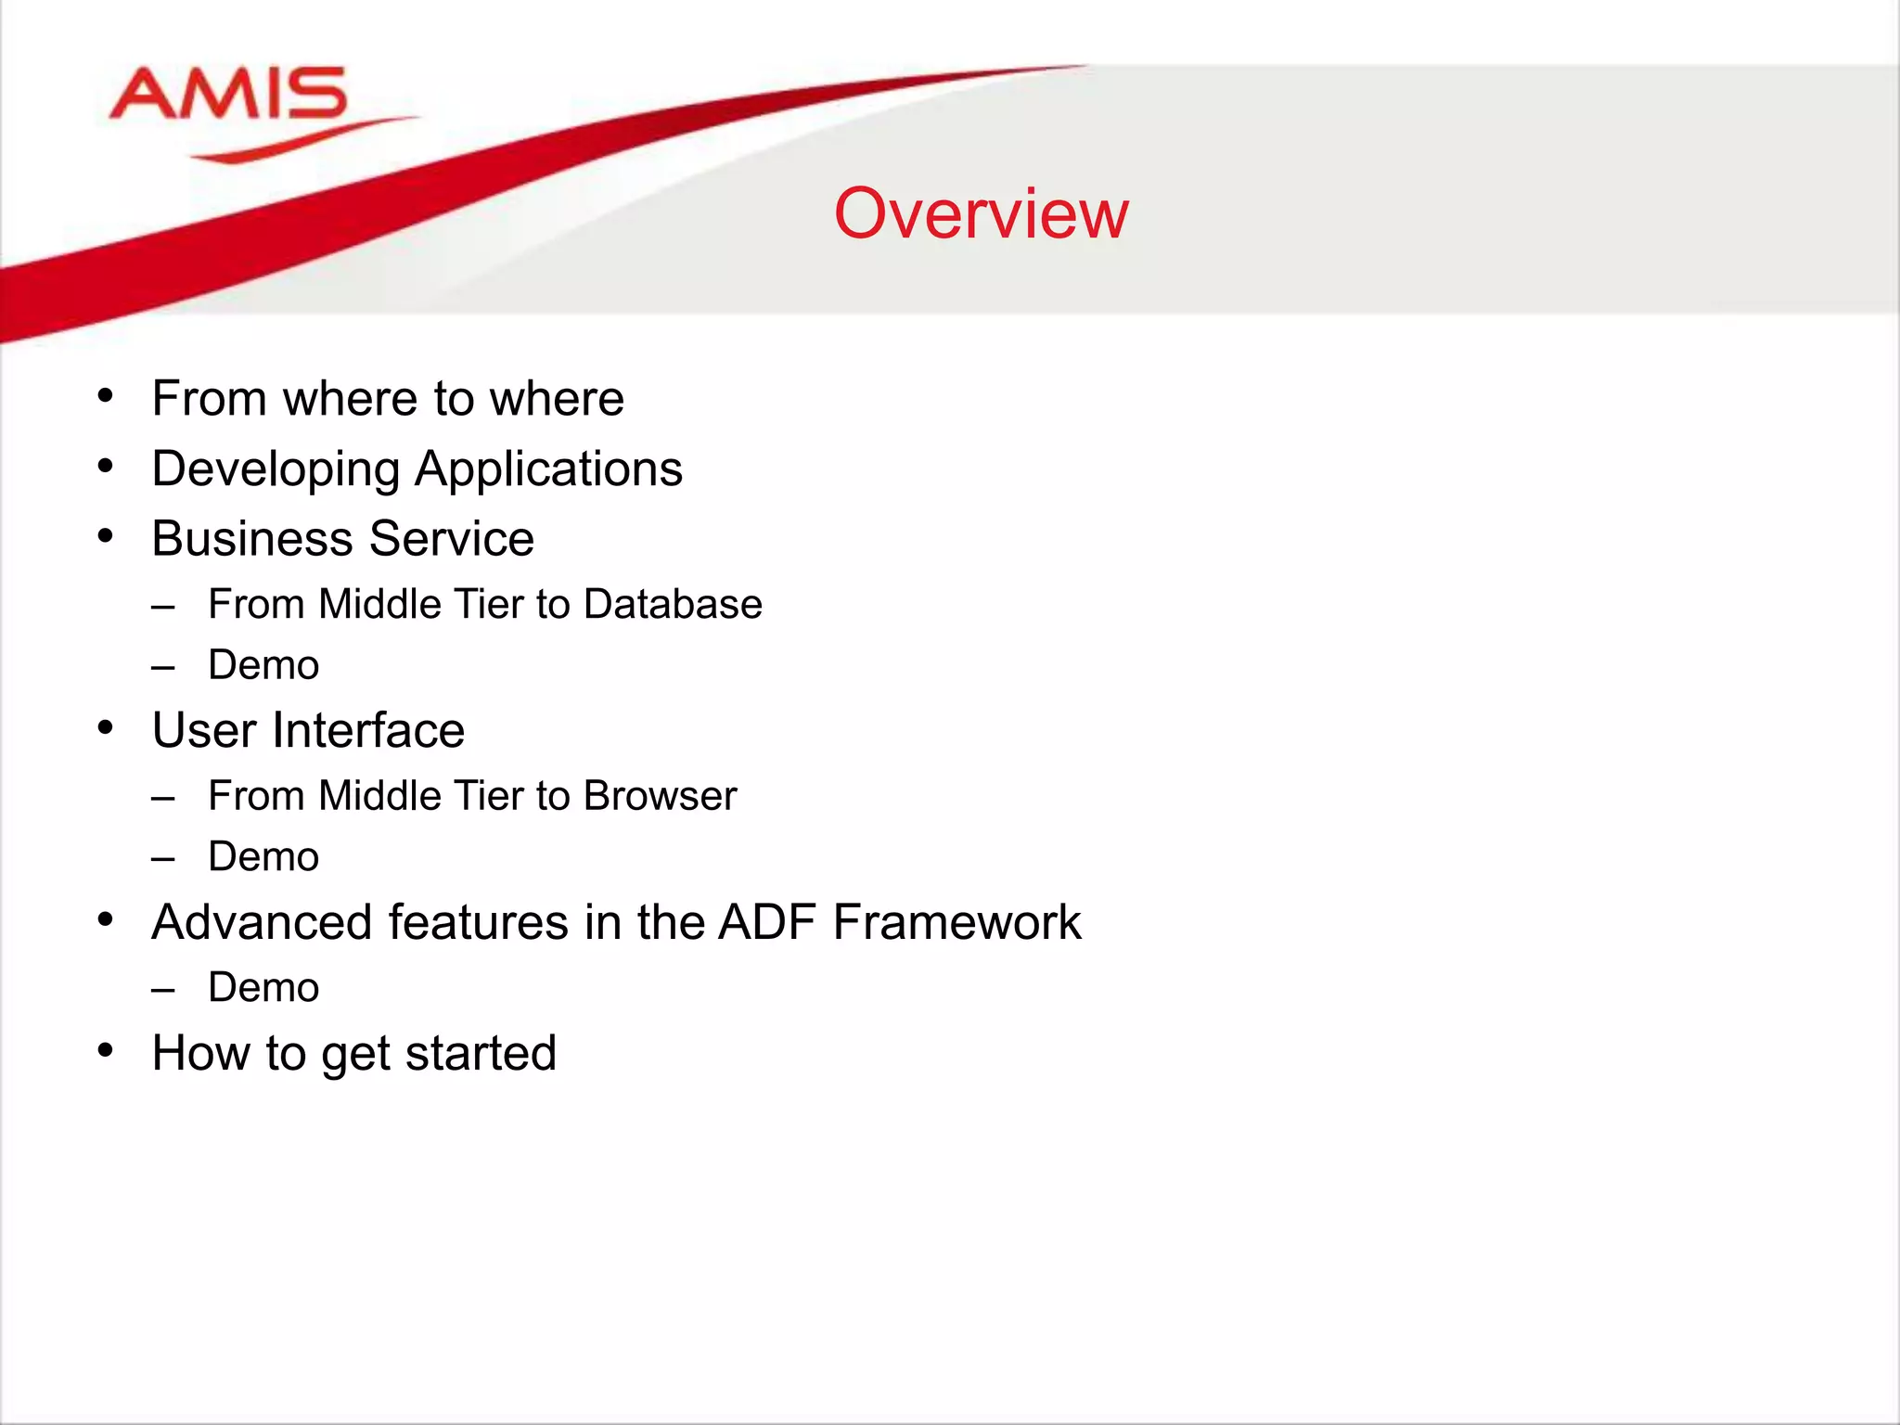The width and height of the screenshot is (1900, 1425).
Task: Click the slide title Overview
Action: pyautogui.click(x=981, y=213)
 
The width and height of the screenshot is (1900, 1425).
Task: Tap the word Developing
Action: pyautogui.click(x=276, y=469)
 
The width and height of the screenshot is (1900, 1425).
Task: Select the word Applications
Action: pyautogui.click(x=548, y=469)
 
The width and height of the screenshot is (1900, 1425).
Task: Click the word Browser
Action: pyautogui.click(x=660, y=796)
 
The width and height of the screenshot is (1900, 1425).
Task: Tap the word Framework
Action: pyautogui.click(x=956, y=922)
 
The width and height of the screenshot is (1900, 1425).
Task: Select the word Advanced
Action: pyautogui.click(x=262, y=922)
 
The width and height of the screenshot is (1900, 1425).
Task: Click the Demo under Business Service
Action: pyautogui.click(x=263, y=665)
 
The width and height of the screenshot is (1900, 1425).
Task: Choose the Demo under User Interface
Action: pyautogui.click(x=263, y=856)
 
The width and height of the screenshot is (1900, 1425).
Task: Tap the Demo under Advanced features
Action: pyautogui.click(x=263, y=987)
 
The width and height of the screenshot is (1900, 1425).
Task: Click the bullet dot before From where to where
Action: pyautogui.click(x=106, y=397)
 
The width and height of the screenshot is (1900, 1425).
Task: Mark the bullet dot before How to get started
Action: pyautogui.click(x=106, y=1051)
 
